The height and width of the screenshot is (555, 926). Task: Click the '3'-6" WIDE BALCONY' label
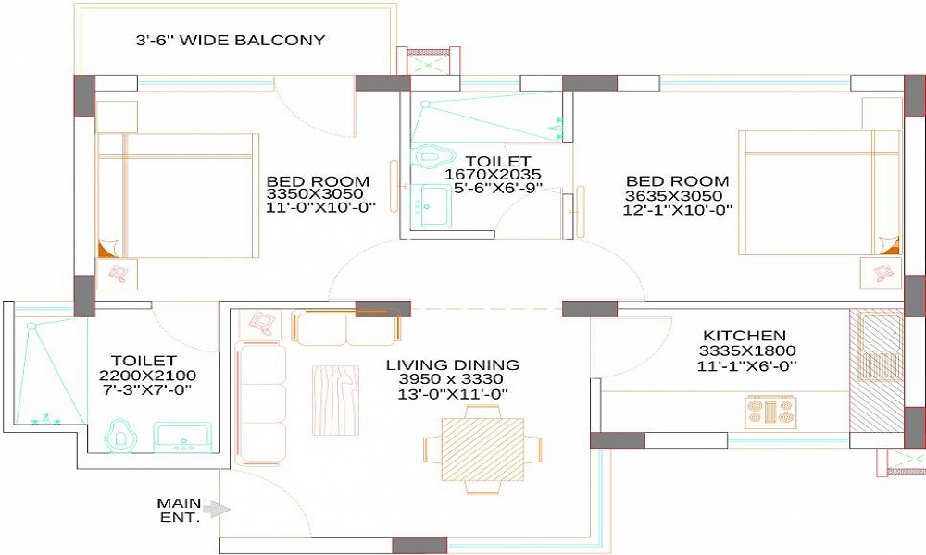(x=231, y=40)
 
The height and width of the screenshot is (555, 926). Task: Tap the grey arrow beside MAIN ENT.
(x=217, y=508)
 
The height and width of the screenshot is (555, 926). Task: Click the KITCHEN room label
(x=744, y=335)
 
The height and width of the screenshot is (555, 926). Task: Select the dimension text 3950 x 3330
(x=452, y=380)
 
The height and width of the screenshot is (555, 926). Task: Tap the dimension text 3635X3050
(x=677, y=195)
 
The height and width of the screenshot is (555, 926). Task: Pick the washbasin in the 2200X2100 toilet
(x=182, y=437)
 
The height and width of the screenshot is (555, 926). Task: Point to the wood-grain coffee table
(x=334, y=392)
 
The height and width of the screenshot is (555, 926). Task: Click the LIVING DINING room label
(x=452, y=364)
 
